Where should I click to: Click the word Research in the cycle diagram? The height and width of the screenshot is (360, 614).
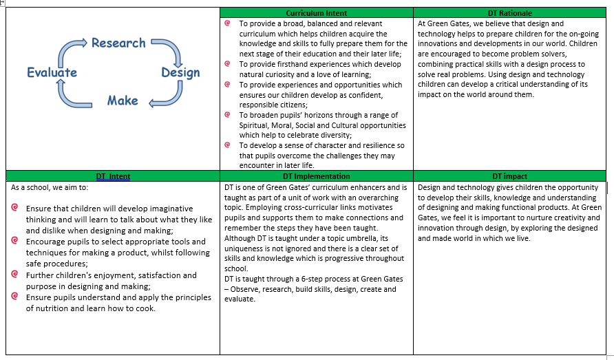point(118,43)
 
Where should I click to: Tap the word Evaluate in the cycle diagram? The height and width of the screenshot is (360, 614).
point(52,72)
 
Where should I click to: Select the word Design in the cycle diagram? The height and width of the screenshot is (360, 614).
point(180,72)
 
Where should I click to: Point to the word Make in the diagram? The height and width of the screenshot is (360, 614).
point(123,100)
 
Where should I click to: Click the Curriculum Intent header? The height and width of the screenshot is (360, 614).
point(317,13)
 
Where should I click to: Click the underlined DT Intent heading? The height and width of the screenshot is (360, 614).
point(113,176)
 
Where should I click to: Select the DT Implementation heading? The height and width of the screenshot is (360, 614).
point(317,176)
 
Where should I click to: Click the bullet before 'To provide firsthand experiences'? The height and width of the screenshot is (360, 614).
point(228,63)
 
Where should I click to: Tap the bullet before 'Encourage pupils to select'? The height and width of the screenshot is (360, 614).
point(15,241)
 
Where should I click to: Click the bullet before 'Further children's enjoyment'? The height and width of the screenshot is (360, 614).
point(15,275)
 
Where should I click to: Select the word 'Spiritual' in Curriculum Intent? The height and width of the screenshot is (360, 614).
point(256,125)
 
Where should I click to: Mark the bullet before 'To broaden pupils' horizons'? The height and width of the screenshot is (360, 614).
point(228,114)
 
